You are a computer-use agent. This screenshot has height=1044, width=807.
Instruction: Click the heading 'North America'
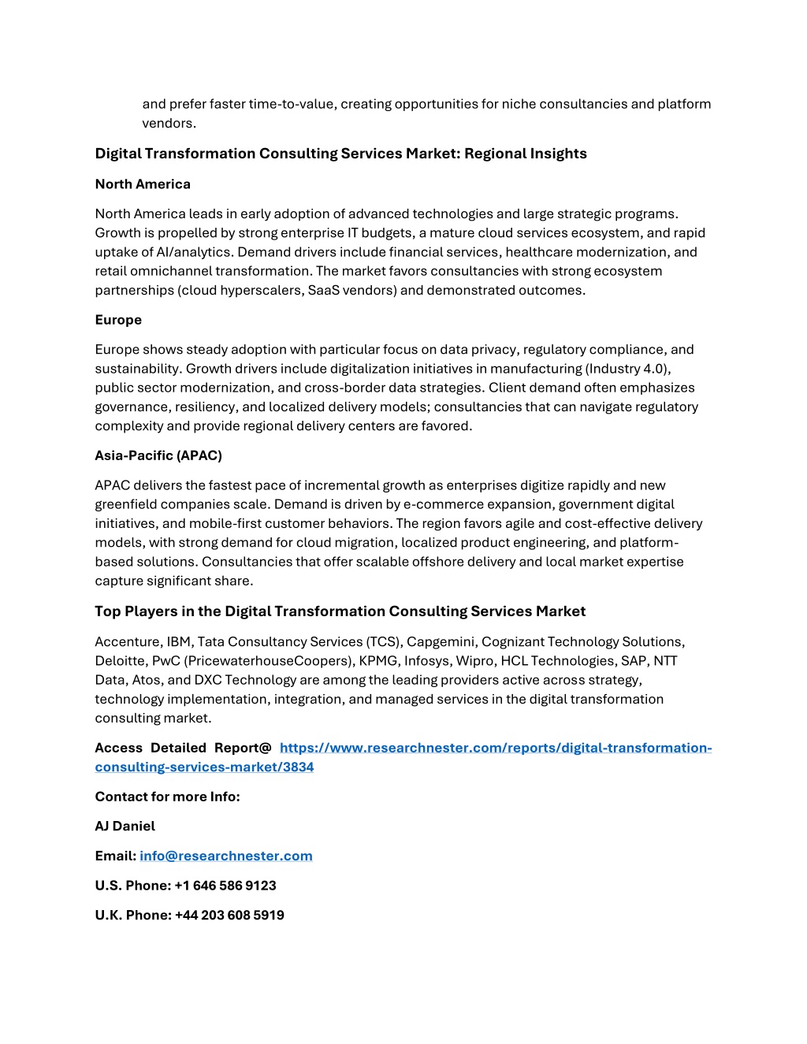(x=143, y=184)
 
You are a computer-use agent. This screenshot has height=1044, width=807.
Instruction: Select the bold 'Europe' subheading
(x=118, y=320)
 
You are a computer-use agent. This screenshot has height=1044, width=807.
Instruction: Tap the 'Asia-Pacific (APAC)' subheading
(x=158, y=455)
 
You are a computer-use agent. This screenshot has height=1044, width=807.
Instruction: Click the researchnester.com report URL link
(x=495, y=748)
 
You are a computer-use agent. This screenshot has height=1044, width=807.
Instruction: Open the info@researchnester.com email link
(x=226, y=856)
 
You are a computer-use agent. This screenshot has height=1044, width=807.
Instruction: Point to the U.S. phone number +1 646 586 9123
(x=225, y=886)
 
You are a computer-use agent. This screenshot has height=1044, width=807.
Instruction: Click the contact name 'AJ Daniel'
(x=125, y=827)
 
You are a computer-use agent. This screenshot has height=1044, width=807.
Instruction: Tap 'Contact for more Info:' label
(x=167, y=797)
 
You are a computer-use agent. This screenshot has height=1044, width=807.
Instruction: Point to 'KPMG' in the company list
(x=378, y=661)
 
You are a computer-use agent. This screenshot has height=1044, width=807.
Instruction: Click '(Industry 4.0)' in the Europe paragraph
(x=627, y=369)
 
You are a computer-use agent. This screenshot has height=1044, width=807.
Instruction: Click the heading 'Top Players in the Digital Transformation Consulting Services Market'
(x=340, y=611)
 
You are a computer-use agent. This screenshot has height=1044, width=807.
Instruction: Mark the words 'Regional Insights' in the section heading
(x=526, y=154)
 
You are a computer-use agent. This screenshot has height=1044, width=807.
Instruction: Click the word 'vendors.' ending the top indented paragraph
(x=169, y=124)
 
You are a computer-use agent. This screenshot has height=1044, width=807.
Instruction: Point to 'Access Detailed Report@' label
(x=183, y=748)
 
